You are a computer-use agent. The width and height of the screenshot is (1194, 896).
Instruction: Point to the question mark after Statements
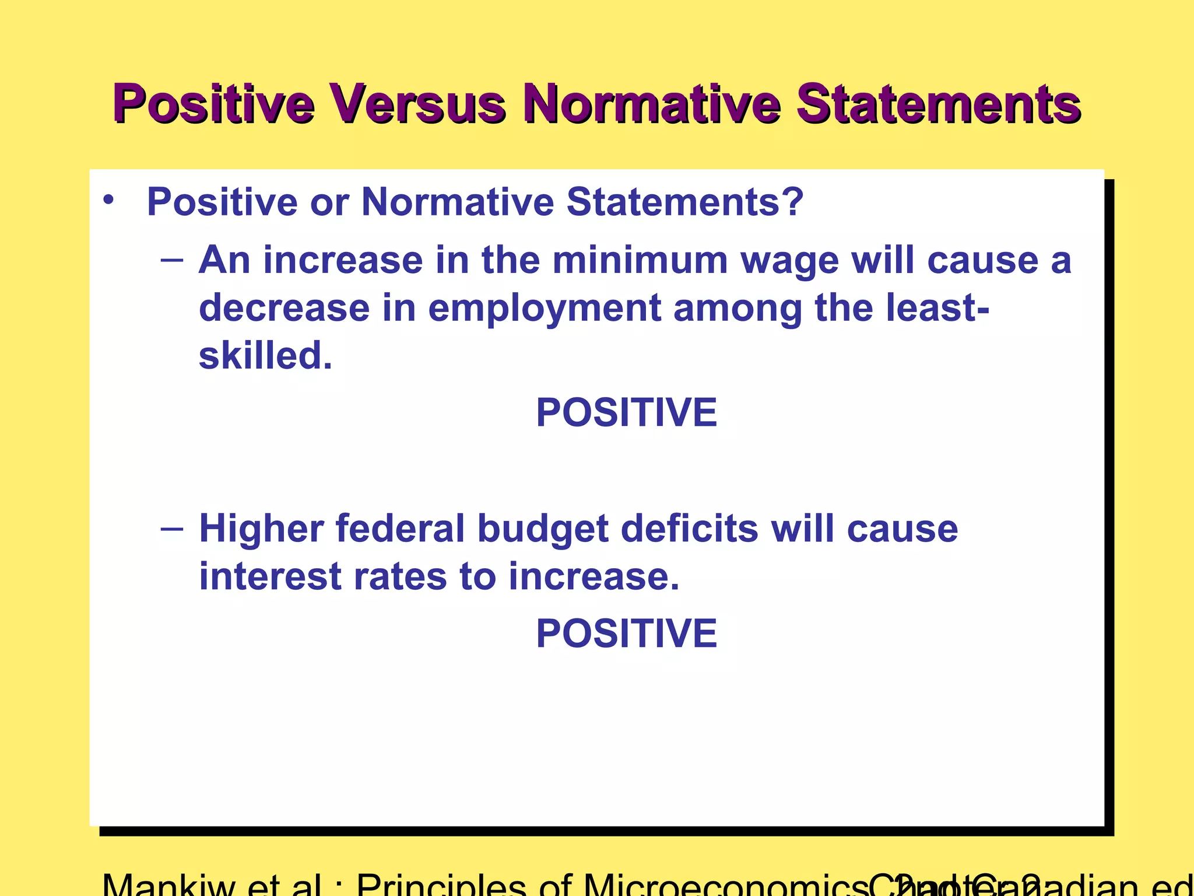[793, 202]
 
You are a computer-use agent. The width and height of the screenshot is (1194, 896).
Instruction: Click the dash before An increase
[172, 259]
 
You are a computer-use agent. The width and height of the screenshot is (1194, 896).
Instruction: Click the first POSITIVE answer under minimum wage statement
[626, 412]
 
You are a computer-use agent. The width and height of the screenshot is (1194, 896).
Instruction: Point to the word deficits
[690, 528]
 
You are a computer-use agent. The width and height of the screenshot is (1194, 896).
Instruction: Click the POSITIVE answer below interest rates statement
[626, 633]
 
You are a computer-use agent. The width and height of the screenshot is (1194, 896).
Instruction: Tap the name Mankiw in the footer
[168, 885]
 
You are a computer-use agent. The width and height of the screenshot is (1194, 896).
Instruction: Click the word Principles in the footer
[441, 885]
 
